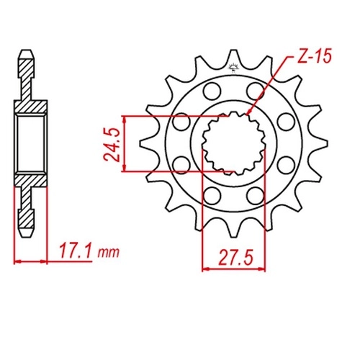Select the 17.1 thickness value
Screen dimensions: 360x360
pyautogui.click(x=75, y=251)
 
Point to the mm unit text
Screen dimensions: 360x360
pyautogui.click(x=108, y=253)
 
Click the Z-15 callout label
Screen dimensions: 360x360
pyautogui.click(x=315, y=56)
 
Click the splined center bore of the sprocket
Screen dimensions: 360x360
pyautogui.click(x=234, y=143)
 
